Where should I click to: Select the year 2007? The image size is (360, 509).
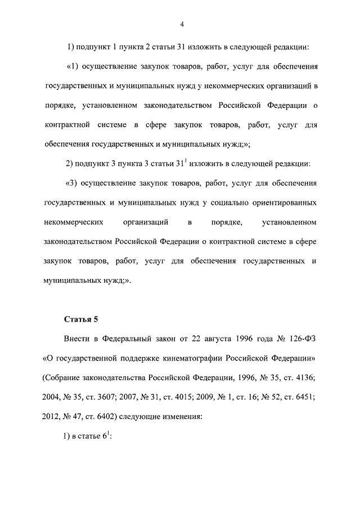(x=142, y=397)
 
